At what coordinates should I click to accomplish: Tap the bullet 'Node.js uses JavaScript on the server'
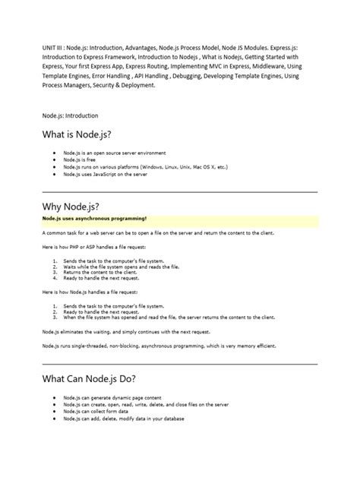coord(106,175)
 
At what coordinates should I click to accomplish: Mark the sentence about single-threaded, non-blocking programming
coord(159,346)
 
